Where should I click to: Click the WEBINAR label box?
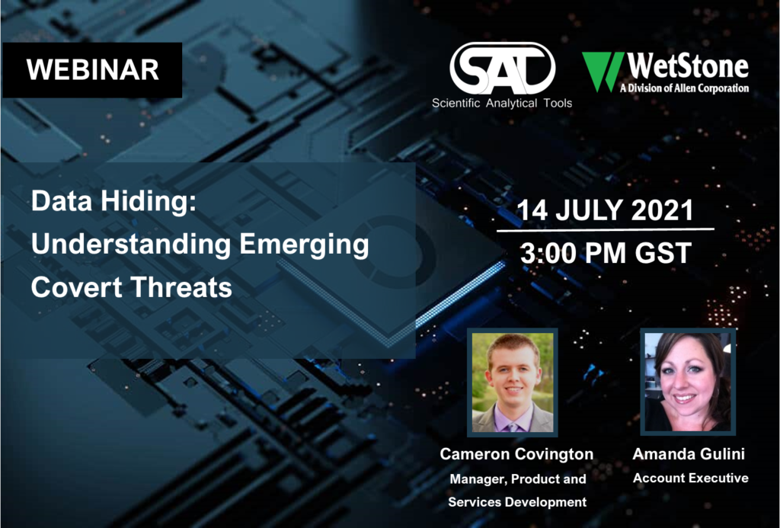click(92, 69)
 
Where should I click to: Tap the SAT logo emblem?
click(503, 69)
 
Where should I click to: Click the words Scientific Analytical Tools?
click(502, 103)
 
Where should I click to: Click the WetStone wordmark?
click(688, 66)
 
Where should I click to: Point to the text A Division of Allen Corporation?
click(685, 88)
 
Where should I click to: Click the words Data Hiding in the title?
click(114, 202)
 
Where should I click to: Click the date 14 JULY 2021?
click(605, 210)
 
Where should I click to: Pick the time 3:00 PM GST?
click(606, 253)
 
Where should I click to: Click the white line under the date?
click(606, 230)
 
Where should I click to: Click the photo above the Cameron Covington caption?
click(513, 382)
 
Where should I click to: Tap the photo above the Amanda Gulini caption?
click(688, 381)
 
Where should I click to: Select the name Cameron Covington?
click(516, 454)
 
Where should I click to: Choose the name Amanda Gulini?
click(689, 454)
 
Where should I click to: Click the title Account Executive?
click(690, 478)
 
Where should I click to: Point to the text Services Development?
click(517, 501)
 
